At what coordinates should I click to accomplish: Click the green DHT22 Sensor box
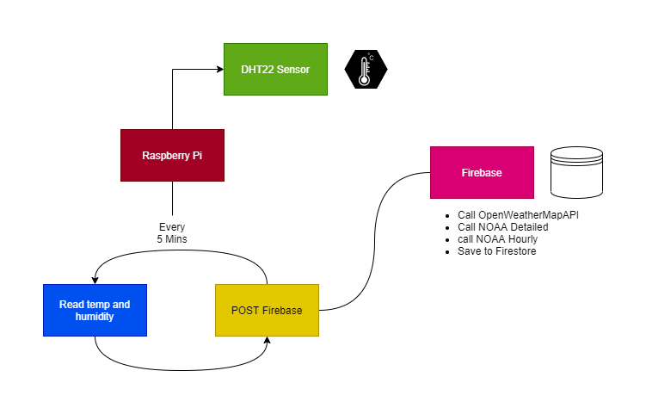click(x=275, y=69)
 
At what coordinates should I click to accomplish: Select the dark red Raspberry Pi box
click(x=172, y=155)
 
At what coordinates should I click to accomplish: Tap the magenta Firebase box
click(x=482, y=172)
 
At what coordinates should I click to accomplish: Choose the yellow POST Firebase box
click(x=267, y=310)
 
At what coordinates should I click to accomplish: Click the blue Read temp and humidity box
click(x=95, y=310)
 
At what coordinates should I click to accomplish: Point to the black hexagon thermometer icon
click(x=366, y=69)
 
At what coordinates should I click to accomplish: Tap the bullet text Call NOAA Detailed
click(x=503, y=226)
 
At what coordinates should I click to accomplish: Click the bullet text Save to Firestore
click(x=497, y=250)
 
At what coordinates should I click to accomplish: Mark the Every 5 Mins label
click(x=172, y=233)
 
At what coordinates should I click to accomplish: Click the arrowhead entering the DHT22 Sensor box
click(x=219, y=69)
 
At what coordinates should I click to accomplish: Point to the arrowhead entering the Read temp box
click(x=95, y=279)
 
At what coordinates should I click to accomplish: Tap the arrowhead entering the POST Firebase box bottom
click(x=267, y=341)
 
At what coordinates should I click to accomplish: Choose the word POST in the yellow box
click(x=245, y=310)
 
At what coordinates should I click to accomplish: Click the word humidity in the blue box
click(x=95, y=317)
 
